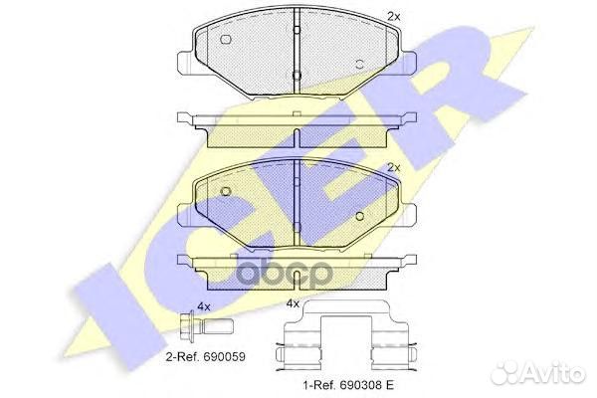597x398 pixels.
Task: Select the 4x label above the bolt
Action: [x=204, y=306]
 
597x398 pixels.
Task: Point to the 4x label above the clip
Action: [x=293, y=302]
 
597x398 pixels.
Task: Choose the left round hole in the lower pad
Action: [x=226, y=191]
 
